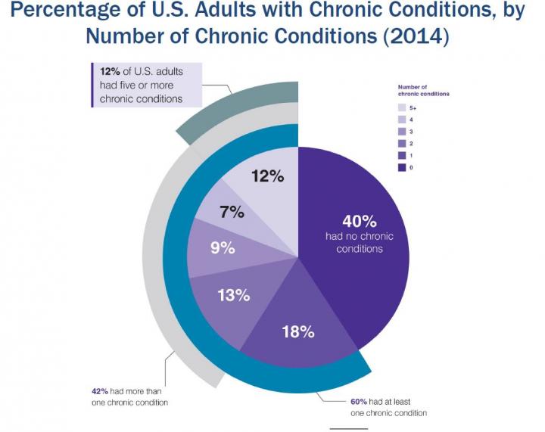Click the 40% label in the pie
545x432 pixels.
tap(359, 221)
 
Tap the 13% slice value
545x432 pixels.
tap(234, 295)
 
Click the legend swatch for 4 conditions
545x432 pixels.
tap(403, 120)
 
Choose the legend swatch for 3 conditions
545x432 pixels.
tap(403, 132)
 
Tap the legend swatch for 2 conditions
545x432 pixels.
tap(403, 143)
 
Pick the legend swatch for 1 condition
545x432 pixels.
tap(403, 155)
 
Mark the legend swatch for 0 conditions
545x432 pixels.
tap(403, 166)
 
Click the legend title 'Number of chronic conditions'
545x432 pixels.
tap(423, 91)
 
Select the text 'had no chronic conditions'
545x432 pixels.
tap(360, 243)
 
